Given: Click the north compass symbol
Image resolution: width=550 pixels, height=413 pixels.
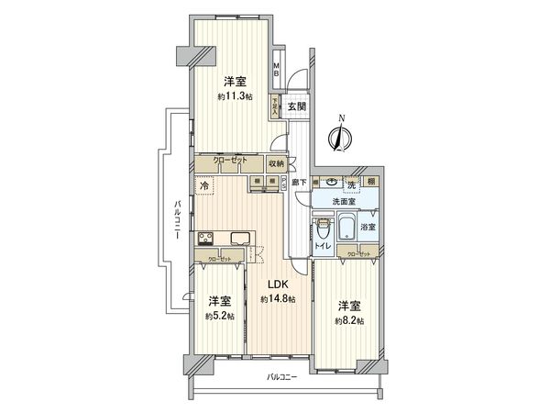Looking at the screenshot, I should click(341, 134).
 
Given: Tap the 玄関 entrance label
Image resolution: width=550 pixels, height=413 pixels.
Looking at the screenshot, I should click(296, 106).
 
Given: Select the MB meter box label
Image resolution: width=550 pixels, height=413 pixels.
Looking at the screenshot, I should click(277, 71).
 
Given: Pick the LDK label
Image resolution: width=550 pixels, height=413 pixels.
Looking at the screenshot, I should click(278, 285).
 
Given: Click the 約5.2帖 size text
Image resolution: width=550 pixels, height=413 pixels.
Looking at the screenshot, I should click(218, 316).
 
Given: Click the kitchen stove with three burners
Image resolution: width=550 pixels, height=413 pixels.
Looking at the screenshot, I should click(206, 240).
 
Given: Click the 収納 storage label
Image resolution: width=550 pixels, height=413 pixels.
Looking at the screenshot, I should click(277, 163).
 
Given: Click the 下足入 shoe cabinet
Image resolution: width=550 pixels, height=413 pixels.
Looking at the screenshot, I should click(274, 106).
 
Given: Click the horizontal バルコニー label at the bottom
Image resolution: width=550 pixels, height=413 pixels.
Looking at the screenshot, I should click(283, 377).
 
